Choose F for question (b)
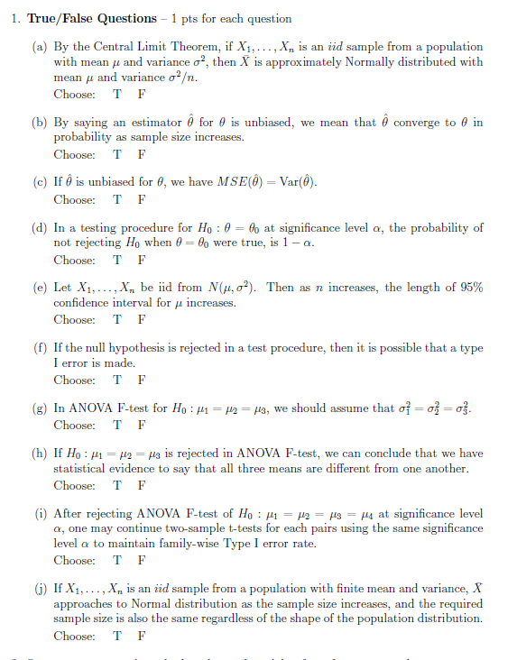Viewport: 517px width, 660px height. click(x=140, y=155)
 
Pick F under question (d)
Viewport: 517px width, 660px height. click(x=140, y=260)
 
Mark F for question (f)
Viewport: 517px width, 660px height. click(x=140, y=380)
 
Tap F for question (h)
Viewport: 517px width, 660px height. click(x=140, y=485)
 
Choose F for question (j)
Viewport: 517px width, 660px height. click(x=140, y=635)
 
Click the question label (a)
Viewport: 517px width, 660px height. click(x=41, y=47)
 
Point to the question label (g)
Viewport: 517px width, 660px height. click(x=41, y=408)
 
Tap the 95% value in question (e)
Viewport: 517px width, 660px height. click(x=468, y=288)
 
